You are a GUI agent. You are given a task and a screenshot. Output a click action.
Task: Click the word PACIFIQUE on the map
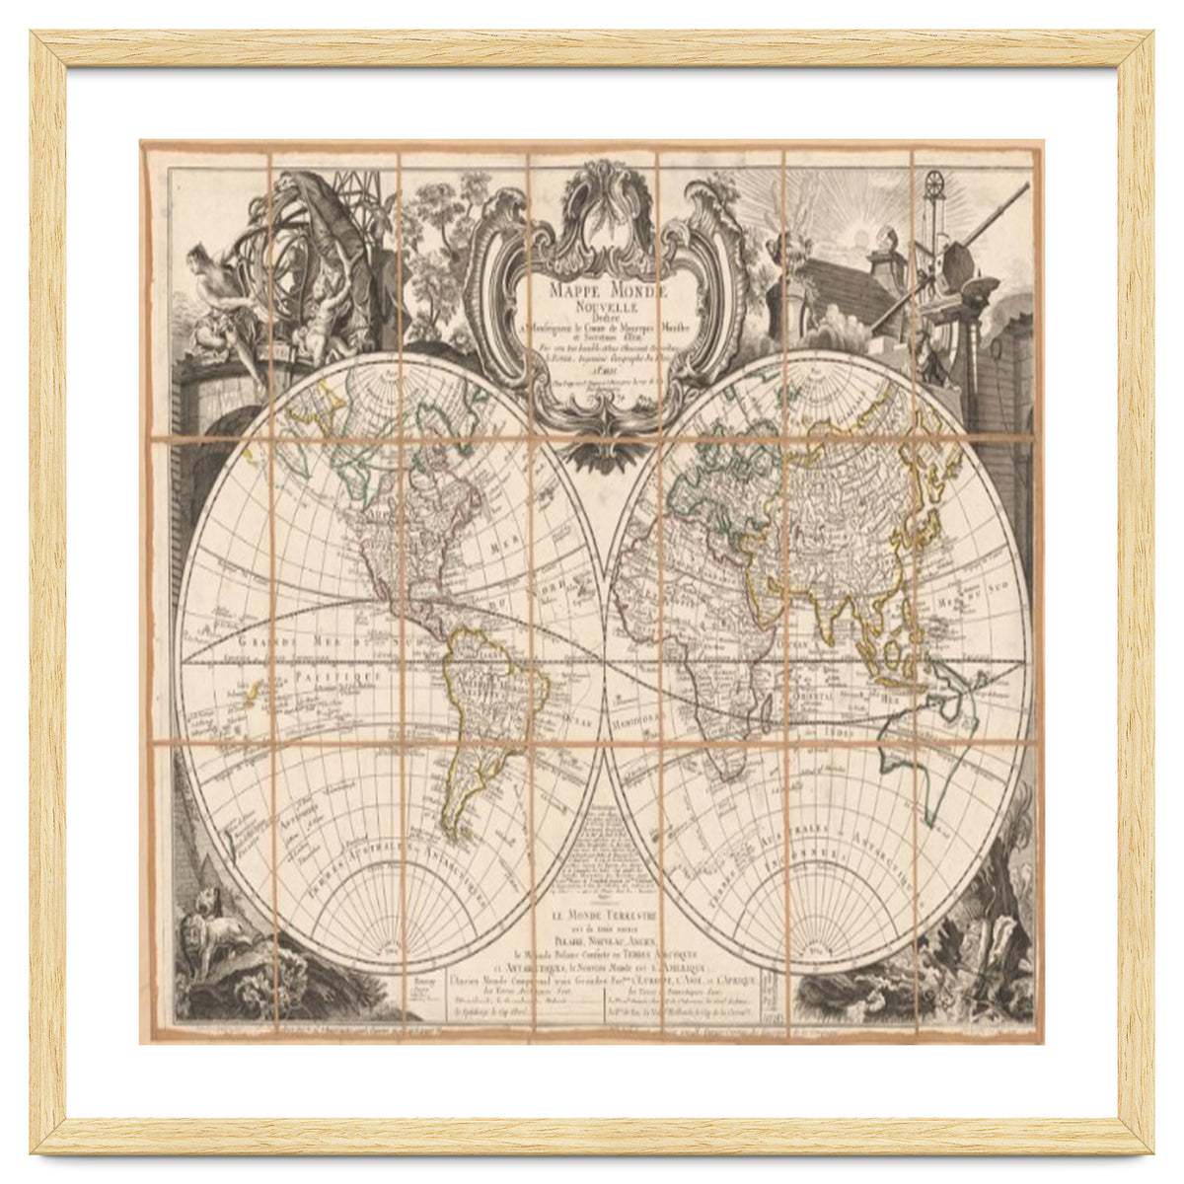tap(335, 675)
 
